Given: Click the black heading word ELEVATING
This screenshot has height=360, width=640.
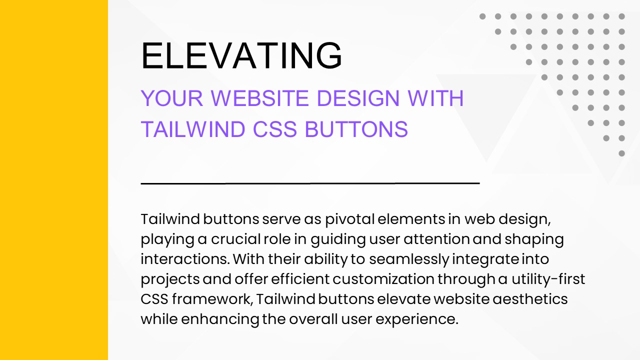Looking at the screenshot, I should [x=241, y=55].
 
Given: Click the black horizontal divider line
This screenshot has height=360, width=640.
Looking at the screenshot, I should [x=310, y=183].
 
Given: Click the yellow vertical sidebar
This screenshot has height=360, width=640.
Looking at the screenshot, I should [x=54, y=180].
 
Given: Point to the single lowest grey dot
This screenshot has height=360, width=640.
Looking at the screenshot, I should [x=621, y=153].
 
